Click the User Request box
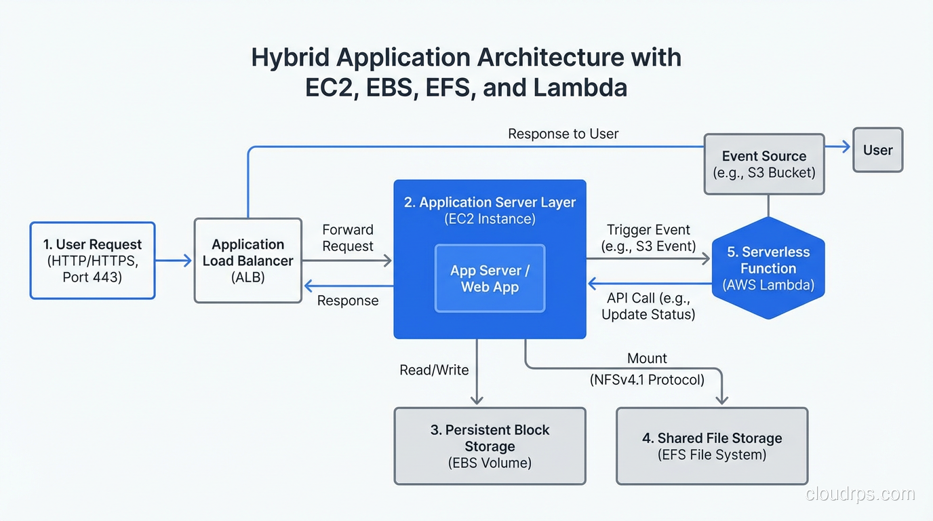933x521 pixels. pos(92,260)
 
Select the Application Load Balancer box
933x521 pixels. pos(247,260)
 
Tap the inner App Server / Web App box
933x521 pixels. pos(490,278)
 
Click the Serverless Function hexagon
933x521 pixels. pos(768,269)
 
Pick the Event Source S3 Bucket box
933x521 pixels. pos(763,164)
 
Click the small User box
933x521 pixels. pos(877,150)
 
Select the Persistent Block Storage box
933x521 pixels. pos(490,446)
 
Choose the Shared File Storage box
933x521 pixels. pos(712,446)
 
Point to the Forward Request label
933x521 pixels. pos(347,238)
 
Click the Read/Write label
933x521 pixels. pos(434,370)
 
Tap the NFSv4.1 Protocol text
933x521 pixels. pos(647,380)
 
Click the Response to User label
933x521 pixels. pos(563,134)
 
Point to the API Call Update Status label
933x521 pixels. pos(648,306)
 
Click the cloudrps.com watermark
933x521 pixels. pos(860,495)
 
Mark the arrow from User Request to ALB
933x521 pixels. pos(174,260)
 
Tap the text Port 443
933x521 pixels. pos(92,277)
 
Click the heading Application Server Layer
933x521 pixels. pos(490,202)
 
